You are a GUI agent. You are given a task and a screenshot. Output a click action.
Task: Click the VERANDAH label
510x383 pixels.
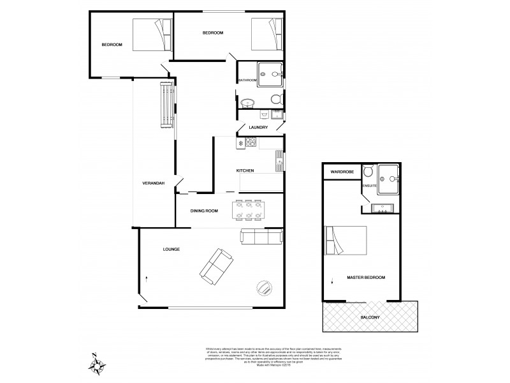click(153, 183)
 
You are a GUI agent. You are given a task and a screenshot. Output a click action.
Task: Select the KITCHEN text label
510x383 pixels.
click(245, 171)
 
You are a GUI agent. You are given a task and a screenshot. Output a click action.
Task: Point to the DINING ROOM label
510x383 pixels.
click(204, 211)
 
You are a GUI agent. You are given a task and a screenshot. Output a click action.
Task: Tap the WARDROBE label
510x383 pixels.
click(342, 172)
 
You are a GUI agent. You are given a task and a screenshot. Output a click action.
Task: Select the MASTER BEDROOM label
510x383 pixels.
click(365, 278)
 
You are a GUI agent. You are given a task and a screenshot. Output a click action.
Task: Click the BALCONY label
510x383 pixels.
click(370, 317)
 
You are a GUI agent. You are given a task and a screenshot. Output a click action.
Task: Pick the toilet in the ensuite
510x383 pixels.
click(368, 173)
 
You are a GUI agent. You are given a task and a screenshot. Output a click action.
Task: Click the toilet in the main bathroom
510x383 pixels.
click(276, 99)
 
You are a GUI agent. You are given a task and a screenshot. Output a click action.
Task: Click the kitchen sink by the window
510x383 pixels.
click(279, 161)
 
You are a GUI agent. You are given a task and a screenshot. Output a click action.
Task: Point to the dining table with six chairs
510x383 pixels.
click(249, 211)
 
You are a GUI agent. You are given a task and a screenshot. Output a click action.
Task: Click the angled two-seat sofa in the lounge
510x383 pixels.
click(215, 266)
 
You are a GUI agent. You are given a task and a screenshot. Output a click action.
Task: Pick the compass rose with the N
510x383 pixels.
click(98, 364)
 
